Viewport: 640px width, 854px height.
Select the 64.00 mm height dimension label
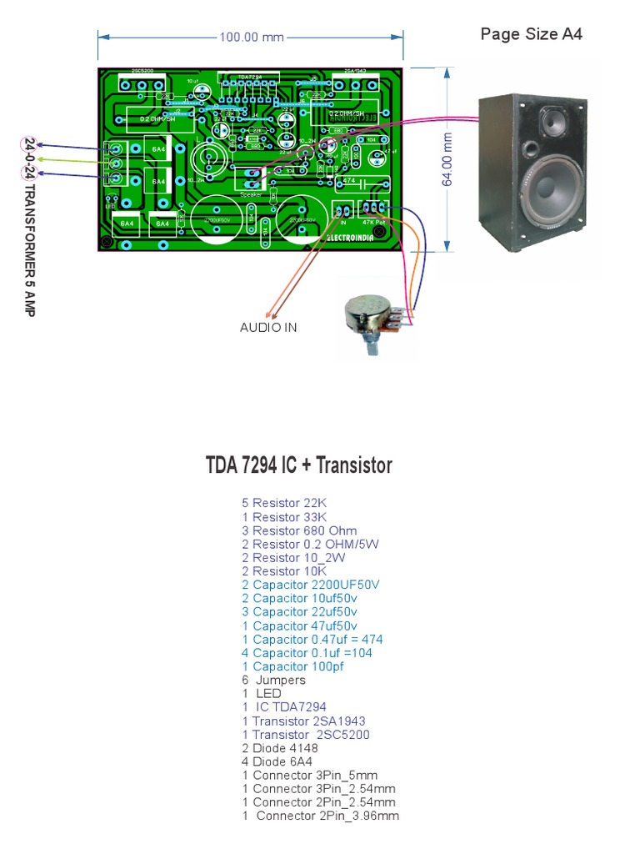point(447,159)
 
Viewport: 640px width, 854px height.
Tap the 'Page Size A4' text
point(531,34)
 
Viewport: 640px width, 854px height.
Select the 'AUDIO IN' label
point(268,328)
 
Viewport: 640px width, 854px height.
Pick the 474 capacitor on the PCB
point(350,181)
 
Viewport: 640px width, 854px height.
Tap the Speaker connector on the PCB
point(250,178)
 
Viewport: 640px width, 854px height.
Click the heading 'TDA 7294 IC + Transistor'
point(298,465)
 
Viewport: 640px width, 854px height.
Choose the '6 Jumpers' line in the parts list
point(273,680)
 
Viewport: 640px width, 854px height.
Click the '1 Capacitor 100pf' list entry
point(292,666)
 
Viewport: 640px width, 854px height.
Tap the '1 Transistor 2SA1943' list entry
point(303,721)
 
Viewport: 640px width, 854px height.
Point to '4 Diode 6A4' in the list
point(277,761)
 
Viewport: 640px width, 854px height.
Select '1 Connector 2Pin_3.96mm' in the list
point(320,816)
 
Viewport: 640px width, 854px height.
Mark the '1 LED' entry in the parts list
point(262,693)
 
